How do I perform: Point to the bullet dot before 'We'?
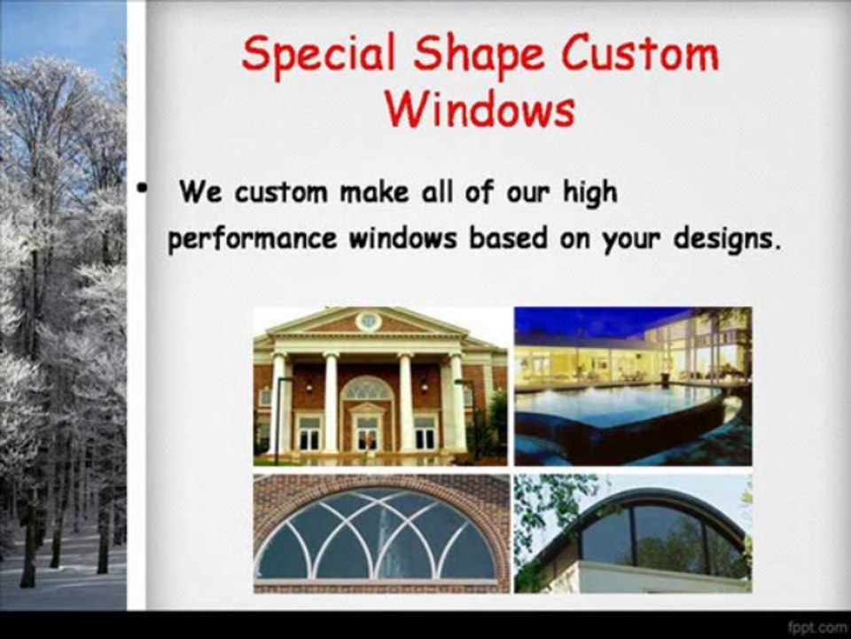[142, 188]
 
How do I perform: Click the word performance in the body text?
[253, 239]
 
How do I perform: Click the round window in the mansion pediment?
[368, 321]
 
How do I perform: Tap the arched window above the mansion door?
[367, 389]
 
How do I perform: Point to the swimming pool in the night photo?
[619, 405]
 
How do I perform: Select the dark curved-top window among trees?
[662, 535]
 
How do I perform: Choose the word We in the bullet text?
[200, 192]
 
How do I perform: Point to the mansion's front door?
[367, 433]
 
